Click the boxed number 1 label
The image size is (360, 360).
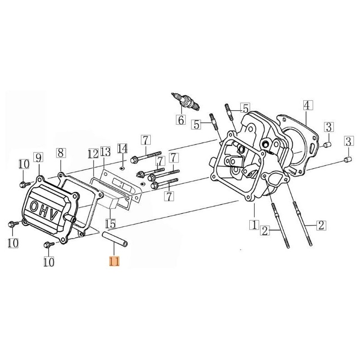point(254,224)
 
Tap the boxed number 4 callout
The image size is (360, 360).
point(306,106)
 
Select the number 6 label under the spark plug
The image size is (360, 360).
point(180,120)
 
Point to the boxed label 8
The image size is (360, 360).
point(61,153)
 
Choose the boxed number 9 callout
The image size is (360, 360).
point(38,157)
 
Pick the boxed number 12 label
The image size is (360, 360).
point(93,153)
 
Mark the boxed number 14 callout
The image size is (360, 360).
point(122,148)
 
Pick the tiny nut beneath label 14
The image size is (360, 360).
point(122,167)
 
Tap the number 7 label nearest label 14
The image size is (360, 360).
point(145,139)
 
